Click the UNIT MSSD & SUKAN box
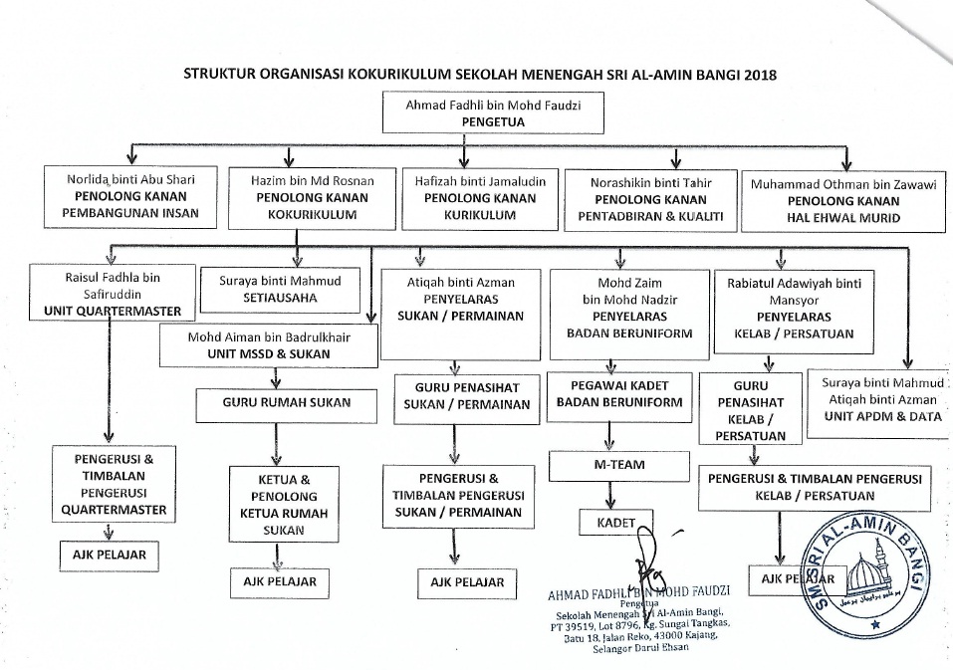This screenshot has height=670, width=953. tap(270, 345)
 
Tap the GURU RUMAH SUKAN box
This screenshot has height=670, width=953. tap(271, 403)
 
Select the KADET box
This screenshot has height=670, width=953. tap(616, 521)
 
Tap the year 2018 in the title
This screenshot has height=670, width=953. tap(758, 74)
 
